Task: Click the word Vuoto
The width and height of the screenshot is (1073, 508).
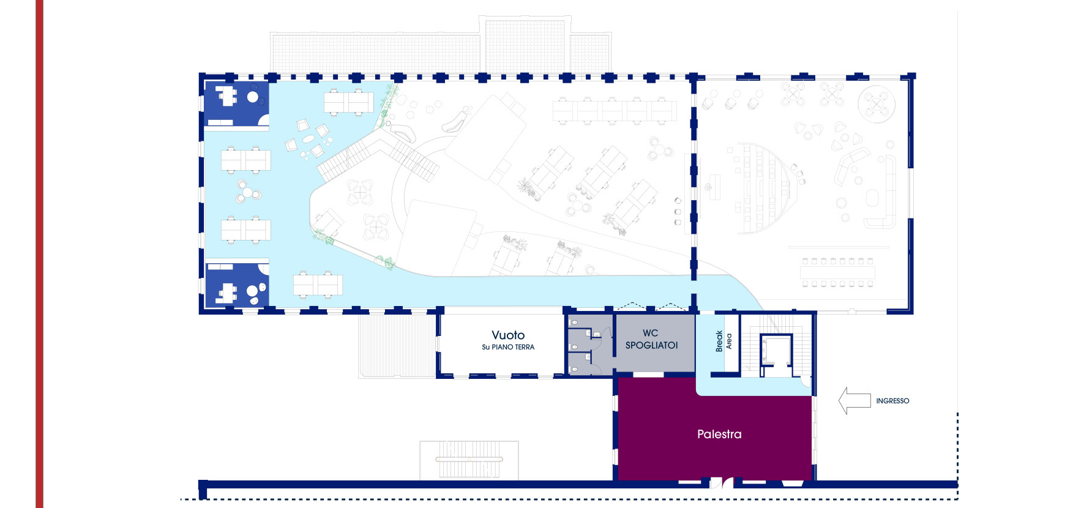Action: [508, 335]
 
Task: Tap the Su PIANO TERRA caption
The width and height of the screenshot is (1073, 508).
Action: [508, 347]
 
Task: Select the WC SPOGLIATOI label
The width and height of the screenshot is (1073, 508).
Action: [651, 339]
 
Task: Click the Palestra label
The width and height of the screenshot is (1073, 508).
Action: [719, 434]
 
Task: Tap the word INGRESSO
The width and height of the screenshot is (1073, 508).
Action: [892, 401]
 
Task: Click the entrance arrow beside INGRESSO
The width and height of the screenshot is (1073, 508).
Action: [854, 401]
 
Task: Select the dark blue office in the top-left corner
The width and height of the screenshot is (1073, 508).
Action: [236, 105]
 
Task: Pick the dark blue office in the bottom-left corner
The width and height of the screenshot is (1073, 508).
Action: [236, 284]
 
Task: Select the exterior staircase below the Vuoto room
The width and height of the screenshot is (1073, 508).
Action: [469, 460]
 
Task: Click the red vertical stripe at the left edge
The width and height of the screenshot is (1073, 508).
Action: [39, 254]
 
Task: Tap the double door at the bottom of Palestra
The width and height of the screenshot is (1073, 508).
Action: [721, 484]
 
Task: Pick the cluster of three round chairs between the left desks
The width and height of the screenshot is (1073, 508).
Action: [248, 192]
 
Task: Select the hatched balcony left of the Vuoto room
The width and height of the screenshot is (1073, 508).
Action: [397, 345]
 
